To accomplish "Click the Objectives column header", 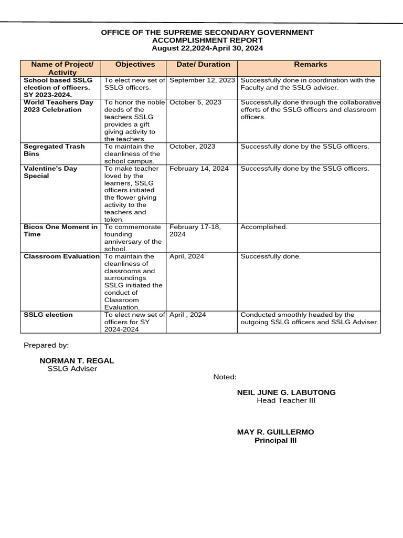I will click(x=135, y=64).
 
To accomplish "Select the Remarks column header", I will click(x=310, y=64).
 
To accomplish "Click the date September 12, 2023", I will click(x=202, y=80).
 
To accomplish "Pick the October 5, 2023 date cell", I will click(x=195, y=102).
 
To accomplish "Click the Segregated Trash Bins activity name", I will click(x=54, y=150).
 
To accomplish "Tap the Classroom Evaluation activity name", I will click(x=61, y=256).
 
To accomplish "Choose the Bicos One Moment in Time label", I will click(x=60, y=231).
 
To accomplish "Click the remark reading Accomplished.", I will click(x=264, y=227).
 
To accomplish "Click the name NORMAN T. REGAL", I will click(x=77, y=361).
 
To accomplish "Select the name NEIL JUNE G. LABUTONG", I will click(x=286, y=392).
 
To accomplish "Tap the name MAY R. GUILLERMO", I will click(x=275, y=432).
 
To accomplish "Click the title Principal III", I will click(x=275, y=440).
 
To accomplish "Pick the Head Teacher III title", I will click(x=286, y=401).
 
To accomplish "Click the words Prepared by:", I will click(x=46, y=345).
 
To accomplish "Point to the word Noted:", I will click(x=225, y=377).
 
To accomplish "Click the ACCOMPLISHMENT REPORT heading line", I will click(x=207, y=40).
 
